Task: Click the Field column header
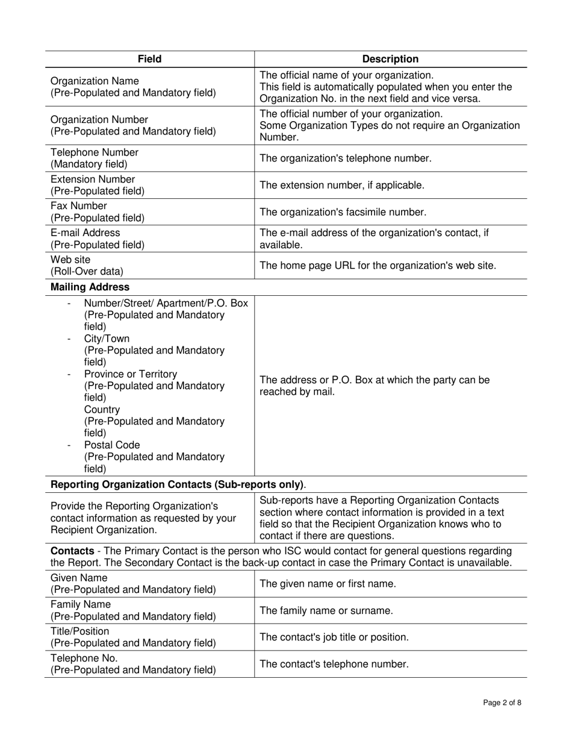(149, 59)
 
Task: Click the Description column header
(390, 59)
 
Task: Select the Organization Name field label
(95, 81)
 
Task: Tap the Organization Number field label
(99, 120)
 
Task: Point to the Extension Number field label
(93, 180)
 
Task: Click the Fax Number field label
(78, 206)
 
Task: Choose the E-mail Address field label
(85, 233)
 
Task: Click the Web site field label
(70, 260)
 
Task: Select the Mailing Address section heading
(90, 287)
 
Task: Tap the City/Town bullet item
(107, 339)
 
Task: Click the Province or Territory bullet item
(131, 374)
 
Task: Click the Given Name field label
(79, 578)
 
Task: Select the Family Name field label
(81, 604)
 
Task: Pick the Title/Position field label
(80, 631)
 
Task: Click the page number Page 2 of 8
(502, 702)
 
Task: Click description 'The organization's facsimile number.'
(343, 212)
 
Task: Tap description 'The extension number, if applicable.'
(341, 186)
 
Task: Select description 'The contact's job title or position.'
(334, 637)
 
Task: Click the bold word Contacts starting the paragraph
(72, 551)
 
